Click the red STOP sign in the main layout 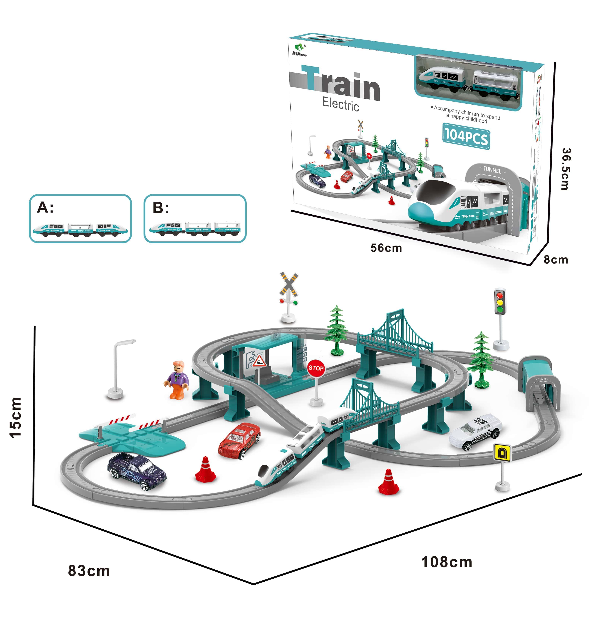point(316,368)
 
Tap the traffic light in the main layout point(500,302)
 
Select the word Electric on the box point(340,104)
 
